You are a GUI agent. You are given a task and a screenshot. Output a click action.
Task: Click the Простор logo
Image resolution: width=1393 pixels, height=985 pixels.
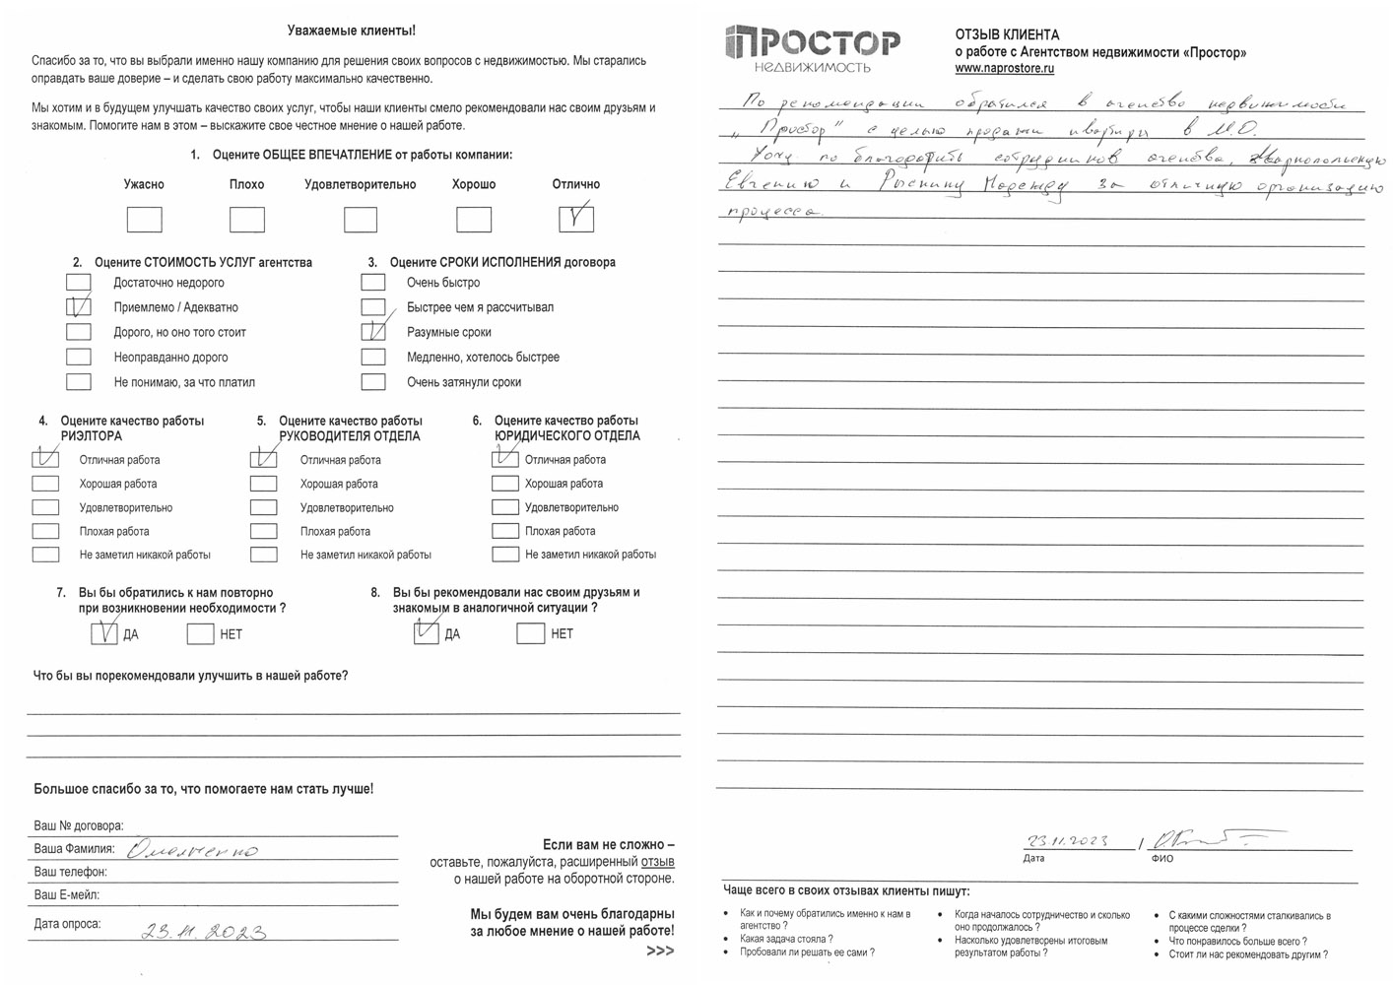click(812, 46)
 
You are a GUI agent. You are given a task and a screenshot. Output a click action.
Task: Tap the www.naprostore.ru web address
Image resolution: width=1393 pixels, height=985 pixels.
click(1004, 69)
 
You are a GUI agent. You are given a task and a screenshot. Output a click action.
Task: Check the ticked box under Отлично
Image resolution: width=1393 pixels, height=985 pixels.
click(576, 218)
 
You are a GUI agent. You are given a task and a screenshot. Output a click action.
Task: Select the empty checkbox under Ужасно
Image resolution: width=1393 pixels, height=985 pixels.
click(144, 219)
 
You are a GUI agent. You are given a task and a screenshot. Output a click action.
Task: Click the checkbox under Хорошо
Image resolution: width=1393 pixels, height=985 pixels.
click(474, 219)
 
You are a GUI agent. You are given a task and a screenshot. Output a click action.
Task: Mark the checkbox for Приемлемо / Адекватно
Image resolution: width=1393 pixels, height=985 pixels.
click(78, 307)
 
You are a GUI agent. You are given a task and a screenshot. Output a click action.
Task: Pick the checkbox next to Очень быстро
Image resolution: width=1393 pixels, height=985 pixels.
click(373, 283)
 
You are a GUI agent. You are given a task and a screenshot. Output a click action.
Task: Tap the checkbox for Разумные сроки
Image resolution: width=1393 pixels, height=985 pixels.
click(373, 332)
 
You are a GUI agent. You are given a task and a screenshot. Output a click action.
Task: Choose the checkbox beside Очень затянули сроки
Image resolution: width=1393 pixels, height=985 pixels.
click(373, 382)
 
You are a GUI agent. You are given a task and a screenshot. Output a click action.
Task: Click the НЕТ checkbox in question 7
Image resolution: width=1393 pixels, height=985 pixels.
click(200, 633)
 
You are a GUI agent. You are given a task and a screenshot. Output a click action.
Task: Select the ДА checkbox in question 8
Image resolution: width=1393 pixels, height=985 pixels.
click(427, 633)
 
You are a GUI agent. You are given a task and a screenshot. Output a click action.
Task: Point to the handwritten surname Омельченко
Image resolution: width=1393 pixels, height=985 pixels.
click(193, 849)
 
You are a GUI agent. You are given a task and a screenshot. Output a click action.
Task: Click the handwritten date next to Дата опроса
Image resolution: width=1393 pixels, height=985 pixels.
click(204, 931)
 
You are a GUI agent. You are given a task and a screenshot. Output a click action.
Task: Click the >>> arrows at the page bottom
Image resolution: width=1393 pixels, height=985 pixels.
click(660, 951)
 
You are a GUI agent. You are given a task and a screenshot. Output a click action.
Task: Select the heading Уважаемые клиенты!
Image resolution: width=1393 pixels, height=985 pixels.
click(351, 32)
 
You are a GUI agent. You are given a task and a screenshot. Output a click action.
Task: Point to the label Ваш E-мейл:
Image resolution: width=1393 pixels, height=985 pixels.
click(67, 895)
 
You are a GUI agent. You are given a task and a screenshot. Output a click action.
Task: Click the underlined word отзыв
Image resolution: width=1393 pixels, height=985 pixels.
click(657, 862)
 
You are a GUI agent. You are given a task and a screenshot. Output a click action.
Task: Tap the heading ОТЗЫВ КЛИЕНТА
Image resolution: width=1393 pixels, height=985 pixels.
click(1007, 34)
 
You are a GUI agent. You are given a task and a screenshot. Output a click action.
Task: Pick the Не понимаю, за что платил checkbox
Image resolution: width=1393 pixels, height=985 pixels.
click(78, 382)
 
